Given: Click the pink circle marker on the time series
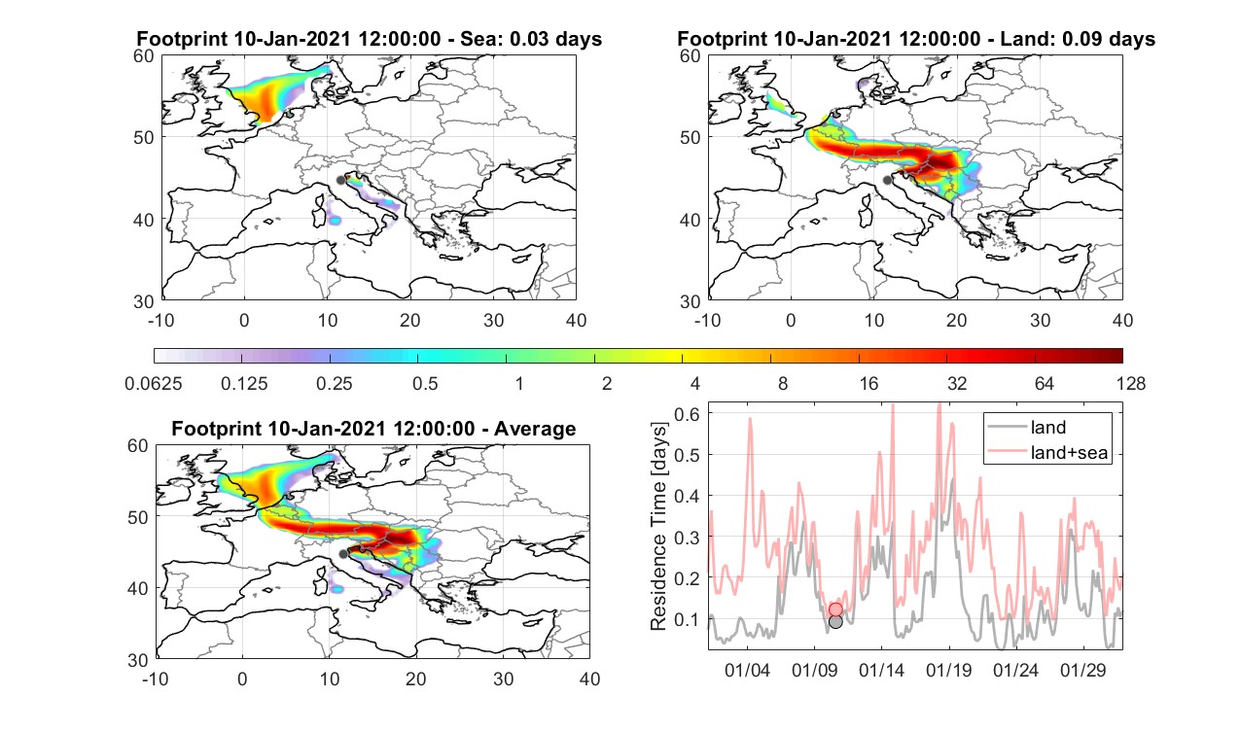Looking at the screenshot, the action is pos(835,609).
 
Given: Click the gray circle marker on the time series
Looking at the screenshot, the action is pos(835,622).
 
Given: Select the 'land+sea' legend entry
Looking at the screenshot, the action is pos(1048,452).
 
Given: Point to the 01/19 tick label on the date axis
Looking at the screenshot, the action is pos(949,670).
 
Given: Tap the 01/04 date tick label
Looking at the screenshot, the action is pos(747,670).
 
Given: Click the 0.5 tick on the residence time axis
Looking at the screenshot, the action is pos(687,455).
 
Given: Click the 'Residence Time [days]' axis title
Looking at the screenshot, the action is pos(658,526).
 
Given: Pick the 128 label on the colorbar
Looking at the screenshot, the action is pos(1131,383).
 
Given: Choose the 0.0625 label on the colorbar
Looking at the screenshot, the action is pos(154,383).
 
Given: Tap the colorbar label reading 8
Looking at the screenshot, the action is pos(782,383).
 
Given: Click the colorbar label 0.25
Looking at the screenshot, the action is pos(334,383).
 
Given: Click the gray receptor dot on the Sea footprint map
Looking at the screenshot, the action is pos(340,181).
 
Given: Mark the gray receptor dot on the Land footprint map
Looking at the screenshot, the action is pos(887,180).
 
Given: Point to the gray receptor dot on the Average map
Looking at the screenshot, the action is pos(343,554).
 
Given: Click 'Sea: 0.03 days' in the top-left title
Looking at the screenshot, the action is pos(531,39).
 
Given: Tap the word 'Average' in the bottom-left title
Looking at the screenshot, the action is pos(535,428).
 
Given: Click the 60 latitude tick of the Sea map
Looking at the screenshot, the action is pos(144,56).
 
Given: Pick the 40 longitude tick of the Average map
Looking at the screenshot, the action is pos(589,679).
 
